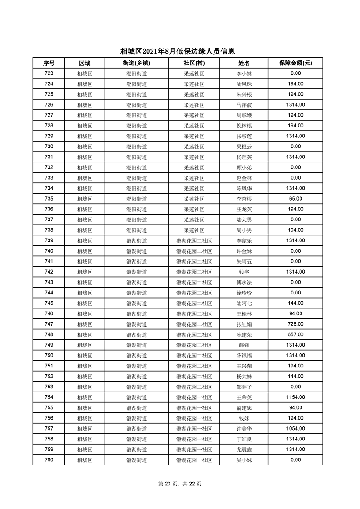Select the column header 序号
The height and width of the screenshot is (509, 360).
point(49,63)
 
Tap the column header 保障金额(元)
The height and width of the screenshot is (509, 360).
point(296,63)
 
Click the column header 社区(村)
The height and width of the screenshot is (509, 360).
point(194,63)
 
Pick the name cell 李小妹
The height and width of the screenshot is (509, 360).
point(244,73)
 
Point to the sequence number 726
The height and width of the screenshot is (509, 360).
point(49,105)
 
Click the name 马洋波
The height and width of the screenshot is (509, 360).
point(244,105)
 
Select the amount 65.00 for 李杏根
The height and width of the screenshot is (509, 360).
point(296,199)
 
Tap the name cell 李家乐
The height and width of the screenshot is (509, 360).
point(244,241)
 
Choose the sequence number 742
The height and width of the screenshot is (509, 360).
point(49,272)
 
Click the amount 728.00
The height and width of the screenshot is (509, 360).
point(296,324)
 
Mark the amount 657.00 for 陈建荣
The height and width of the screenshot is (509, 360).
point(296,335)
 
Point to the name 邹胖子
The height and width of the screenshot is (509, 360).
point(244,387)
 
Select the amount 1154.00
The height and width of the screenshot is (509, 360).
point(296,397)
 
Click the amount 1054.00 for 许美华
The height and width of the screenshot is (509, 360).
point(296,429)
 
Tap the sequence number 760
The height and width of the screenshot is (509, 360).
point(49,460)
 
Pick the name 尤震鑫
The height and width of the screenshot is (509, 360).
point(244,450)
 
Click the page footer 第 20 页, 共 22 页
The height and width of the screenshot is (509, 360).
point(180,484)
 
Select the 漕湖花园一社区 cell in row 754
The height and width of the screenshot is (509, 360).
point(194,397)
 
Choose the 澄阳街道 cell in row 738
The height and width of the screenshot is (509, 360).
point(136,230)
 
